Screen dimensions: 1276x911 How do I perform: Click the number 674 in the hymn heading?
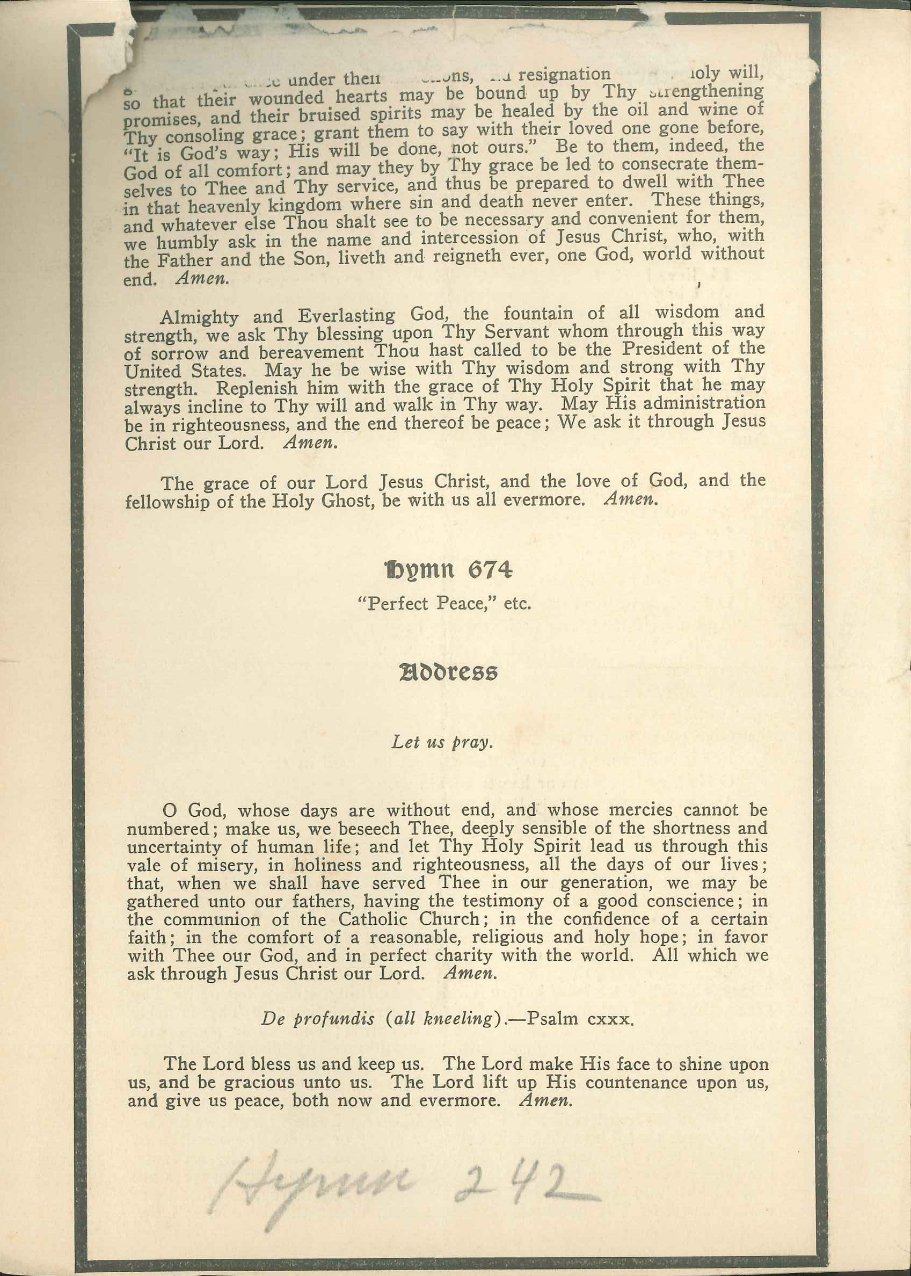(490, 570)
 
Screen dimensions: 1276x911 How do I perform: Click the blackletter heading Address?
(448, 672)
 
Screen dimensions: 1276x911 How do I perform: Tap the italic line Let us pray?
(442, 742)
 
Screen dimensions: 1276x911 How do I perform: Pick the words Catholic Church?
(409, 920)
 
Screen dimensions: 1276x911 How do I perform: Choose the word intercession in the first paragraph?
(469, 238)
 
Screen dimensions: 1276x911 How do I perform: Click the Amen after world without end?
(201, 279)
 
